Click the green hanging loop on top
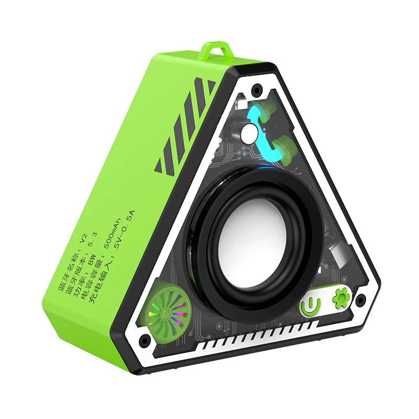(x=216, y=51)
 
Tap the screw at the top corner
(x=256, y=90)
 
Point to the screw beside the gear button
(x=360, y=300)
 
